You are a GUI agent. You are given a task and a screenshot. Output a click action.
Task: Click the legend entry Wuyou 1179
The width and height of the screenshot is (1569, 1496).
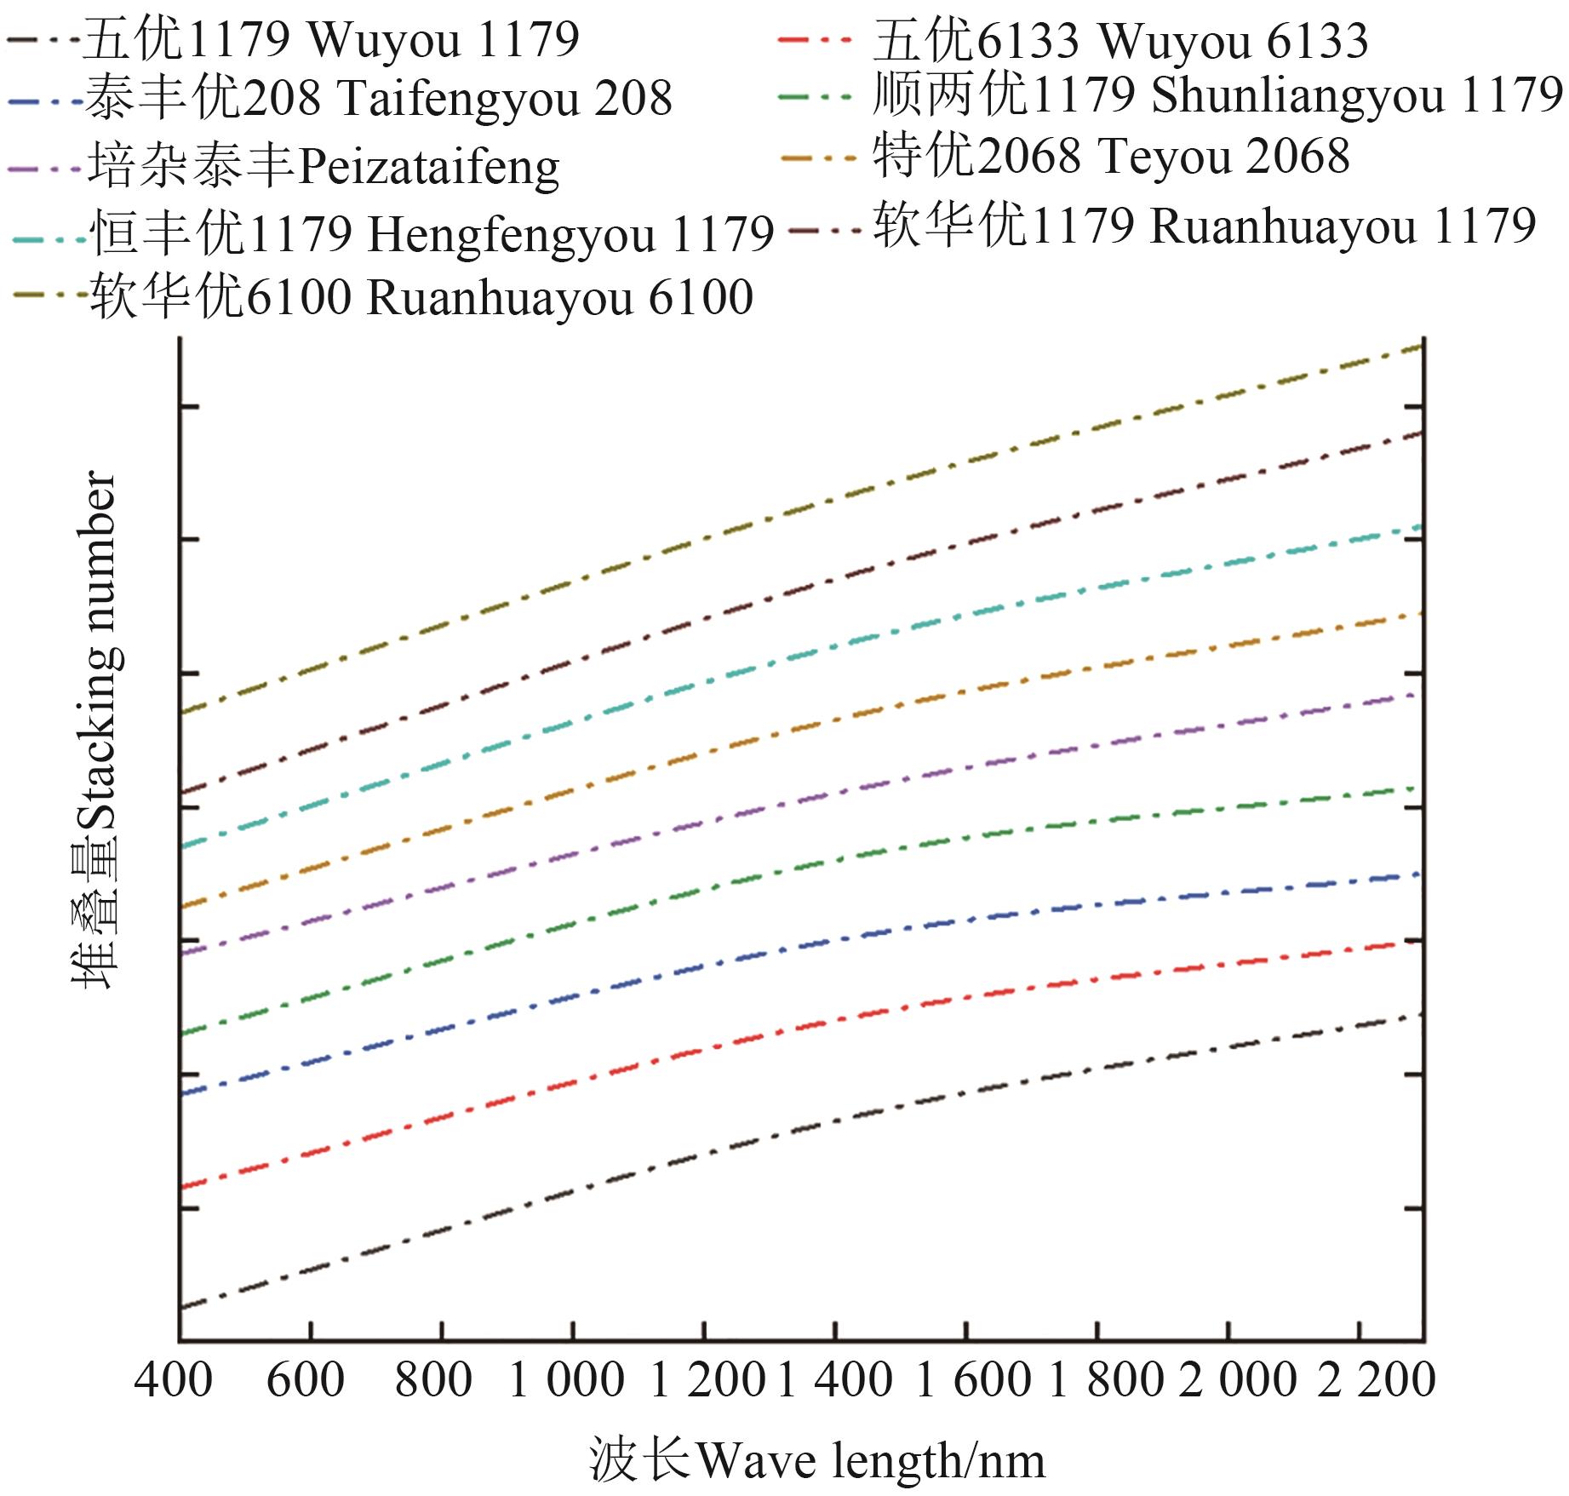pos(330,39)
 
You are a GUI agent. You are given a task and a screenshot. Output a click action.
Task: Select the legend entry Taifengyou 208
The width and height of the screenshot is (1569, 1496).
pos(378,98)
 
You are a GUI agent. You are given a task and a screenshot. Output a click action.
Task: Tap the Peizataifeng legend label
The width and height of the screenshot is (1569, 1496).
pos(324,165)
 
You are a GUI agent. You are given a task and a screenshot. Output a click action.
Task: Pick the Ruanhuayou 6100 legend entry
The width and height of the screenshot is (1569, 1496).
pos(421,296)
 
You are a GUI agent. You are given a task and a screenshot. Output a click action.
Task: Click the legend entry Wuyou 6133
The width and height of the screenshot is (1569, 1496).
pos(1120,41)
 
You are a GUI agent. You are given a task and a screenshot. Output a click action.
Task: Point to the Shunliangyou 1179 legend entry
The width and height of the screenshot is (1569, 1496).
pos(1217,95)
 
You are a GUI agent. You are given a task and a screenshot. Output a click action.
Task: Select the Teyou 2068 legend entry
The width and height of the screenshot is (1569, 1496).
pos(1111,156)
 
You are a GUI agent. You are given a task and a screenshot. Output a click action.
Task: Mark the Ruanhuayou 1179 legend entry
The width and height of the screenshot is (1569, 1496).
pos(1205,226)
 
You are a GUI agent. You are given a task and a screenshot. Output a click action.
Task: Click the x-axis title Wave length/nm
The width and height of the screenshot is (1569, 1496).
pos(816,1460)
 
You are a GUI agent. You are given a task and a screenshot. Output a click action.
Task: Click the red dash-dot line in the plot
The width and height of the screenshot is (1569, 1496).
pos(766,1033)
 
